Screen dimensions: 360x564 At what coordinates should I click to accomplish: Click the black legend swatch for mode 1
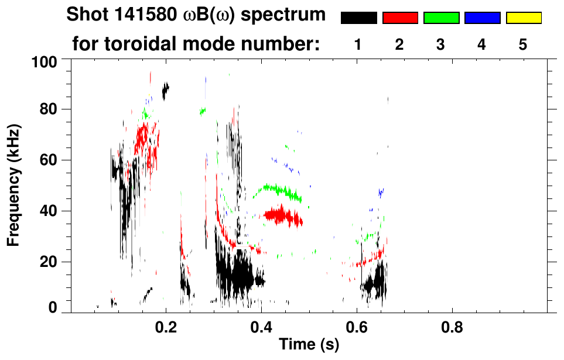point(358,18)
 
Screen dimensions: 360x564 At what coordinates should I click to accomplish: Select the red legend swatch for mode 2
point(400,18)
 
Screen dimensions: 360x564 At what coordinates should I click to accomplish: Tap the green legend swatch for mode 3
point(441,18)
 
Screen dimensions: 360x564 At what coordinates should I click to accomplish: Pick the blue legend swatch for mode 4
point(482,18)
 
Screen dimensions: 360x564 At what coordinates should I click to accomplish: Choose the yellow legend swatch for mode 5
point(523,18)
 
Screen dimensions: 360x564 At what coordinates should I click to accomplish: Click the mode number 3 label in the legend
point(441,45)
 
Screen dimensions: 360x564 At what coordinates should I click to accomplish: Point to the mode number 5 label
point(523,45)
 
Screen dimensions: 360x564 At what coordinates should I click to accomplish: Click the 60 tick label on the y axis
point(48,160)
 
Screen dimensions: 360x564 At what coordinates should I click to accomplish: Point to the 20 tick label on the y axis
point(48,262)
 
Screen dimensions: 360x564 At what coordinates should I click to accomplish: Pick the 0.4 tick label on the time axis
point(261,328)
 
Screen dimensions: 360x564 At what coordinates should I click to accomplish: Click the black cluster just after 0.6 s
point(374,283)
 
